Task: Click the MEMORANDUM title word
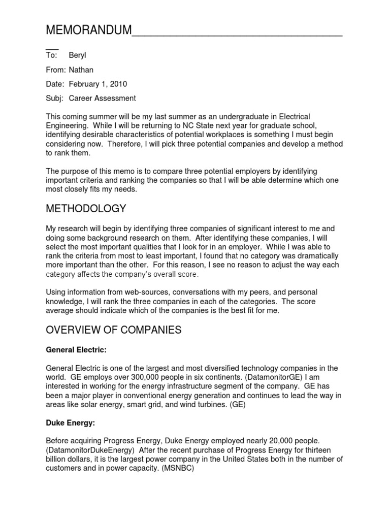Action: point(88,30)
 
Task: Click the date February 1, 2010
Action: point(97,84)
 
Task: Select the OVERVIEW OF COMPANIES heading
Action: point(113,330)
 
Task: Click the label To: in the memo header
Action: point(52,55)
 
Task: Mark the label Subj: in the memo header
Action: point(55,98)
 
